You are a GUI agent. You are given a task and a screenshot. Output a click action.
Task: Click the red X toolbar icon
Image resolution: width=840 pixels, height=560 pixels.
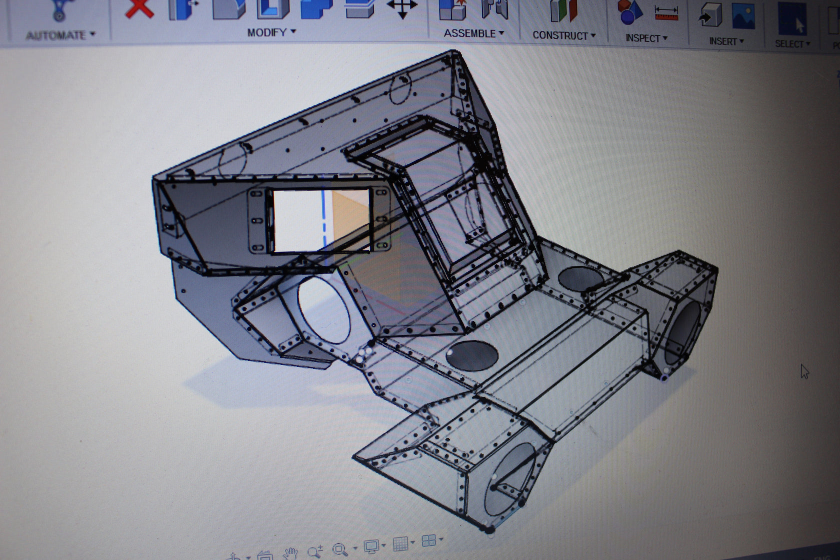[x=139, y=8]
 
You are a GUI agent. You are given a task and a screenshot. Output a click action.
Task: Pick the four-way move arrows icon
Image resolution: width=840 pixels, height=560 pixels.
[x=402, y=8]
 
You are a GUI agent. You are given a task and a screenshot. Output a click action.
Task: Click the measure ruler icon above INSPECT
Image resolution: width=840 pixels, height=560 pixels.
[x=666, y=13]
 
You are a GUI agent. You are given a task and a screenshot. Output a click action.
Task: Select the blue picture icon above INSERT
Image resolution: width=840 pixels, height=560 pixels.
[x=743, y=16]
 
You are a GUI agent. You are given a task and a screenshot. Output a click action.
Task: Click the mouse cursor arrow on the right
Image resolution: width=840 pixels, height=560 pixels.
[x=804, y=371]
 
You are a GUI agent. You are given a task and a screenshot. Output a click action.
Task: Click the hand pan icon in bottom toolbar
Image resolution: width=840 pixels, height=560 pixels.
[x=290, y=553]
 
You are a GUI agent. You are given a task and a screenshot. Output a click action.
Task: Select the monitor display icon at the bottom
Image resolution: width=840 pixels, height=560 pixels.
[x=371, y=546]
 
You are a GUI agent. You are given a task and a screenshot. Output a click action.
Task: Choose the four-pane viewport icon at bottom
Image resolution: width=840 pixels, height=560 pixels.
[x=429, y=540]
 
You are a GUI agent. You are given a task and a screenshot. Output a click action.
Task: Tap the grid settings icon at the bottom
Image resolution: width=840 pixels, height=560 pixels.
[x=400, y=543]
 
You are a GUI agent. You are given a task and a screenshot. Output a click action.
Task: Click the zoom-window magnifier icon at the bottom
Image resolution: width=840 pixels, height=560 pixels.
[x=340, y=549]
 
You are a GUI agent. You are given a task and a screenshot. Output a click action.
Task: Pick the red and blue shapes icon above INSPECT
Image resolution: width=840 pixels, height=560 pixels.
[x=629, y=12]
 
